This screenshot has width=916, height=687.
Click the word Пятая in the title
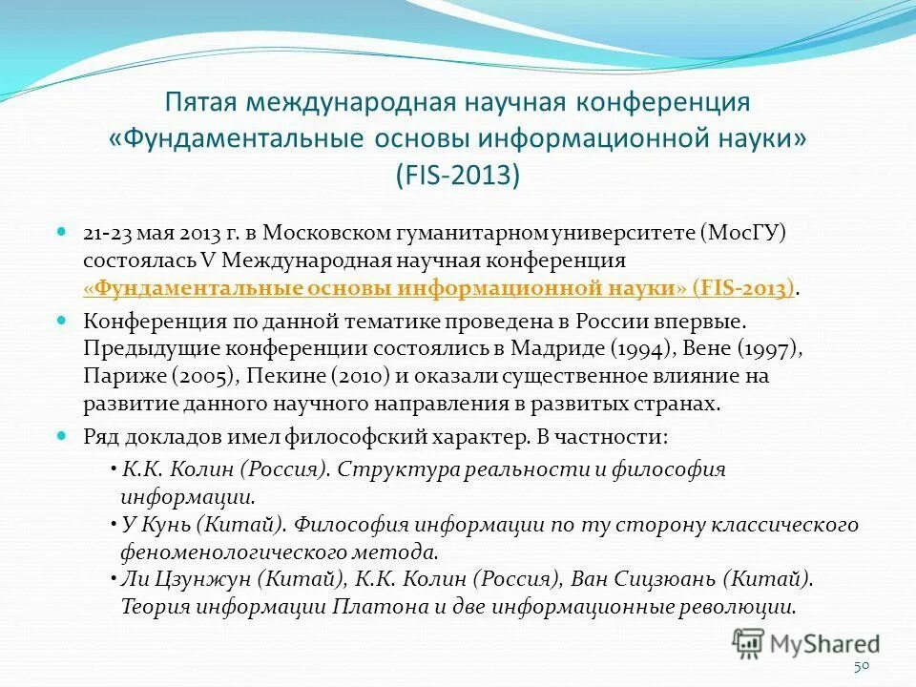click(x=201, y=101)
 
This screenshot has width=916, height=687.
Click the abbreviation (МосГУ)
click(x=747, y=234)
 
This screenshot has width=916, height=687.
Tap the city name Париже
click(x=116, y=376)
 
